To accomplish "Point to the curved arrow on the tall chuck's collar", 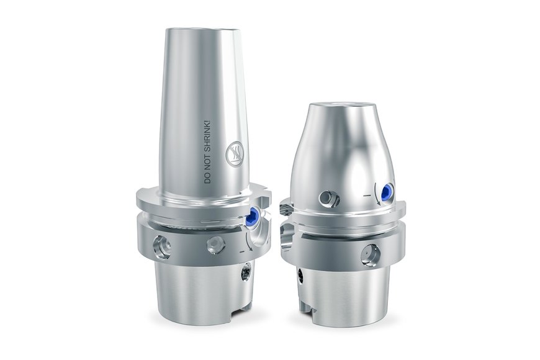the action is tap(249, 242).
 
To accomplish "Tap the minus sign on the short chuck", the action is tap(367, 196).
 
